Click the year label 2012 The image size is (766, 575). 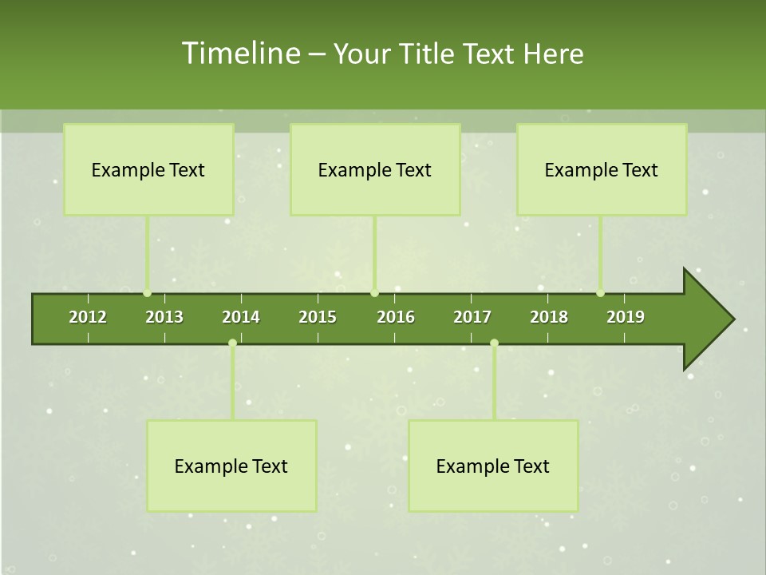(x=88, y=317)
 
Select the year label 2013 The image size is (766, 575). (x=164, y=317)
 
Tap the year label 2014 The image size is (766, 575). (x=241, y=317)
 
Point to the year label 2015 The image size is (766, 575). (x=318, y=317)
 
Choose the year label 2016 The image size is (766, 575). (x=396, y=317)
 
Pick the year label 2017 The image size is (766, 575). (x=472, y=317)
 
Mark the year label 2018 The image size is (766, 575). (x=549, y=317)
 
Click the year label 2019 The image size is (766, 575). (x=626, y=317)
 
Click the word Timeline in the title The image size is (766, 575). (x=240, y=54)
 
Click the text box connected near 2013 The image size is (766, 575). (x=148, y=169)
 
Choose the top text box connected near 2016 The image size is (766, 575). (x=375, y=169)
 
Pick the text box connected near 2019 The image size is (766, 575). (x=602, y=169)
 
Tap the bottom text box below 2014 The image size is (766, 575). (x=231, y=466)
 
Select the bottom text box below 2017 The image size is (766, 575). (x=493, y=466)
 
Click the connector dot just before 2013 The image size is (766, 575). (x=147, y=293)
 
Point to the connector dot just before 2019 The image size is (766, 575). (x=600, y=293)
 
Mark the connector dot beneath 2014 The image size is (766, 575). (x=232, y=343)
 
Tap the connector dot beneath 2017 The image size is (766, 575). (x=494, y=343)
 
